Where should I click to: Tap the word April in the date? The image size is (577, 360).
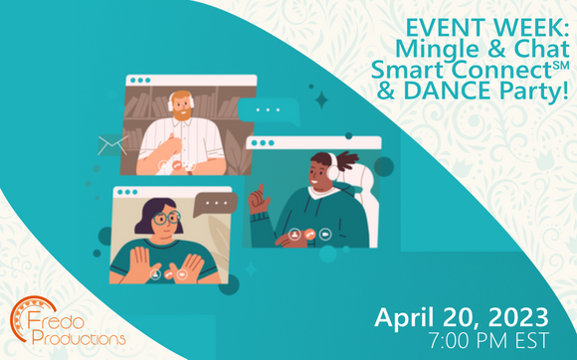408,318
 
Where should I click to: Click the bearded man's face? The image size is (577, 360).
181,106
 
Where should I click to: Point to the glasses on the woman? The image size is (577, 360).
164,218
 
